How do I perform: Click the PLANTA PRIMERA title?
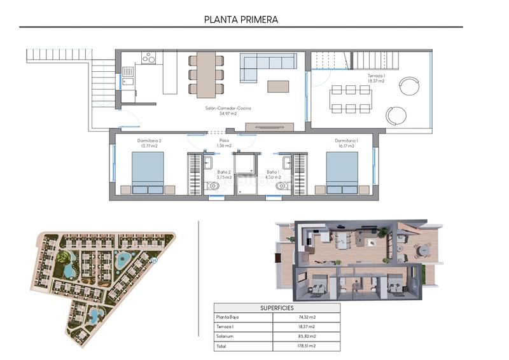pyautogui.click(x=241, y=19)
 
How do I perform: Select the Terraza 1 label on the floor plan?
pyautogui.click(x=376, y=78)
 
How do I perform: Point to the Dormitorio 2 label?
pyautogui.click(x=149, y=143)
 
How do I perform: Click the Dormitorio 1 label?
pyautogui.click(x=346, y=143)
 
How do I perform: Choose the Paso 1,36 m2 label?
pyautogui.click(x=224, y=143)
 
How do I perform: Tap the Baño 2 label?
pyautogui.click(x=224, y=174)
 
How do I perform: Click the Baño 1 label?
pyautogui.click(x=273, y=174)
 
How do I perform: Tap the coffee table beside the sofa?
pyautogui.click(x=277, y=87)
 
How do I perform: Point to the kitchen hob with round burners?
pyautogui.click(x=149, y=58)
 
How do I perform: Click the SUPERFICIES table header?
pyautogui.click(x=277, y=307)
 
